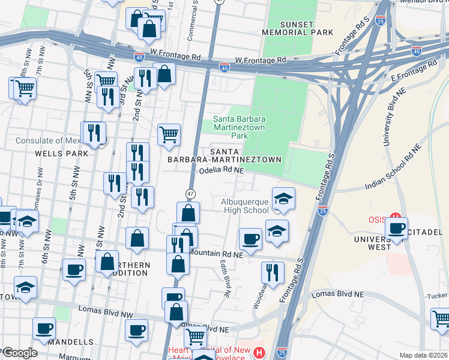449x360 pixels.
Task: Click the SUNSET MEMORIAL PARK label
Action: pos(288,28)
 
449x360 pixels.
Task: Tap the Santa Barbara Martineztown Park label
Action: pos(240,127)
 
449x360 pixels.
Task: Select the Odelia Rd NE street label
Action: pos(221,170)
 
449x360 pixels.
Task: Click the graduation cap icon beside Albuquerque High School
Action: pos(283,199)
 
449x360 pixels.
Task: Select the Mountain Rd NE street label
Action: pos(215,253)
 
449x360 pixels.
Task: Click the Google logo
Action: pos(20,353)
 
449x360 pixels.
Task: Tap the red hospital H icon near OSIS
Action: pos(395,217)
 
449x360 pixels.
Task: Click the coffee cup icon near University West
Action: pos(396,229)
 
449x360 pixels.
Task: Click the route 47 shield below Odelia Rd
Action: pos(190,194)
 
